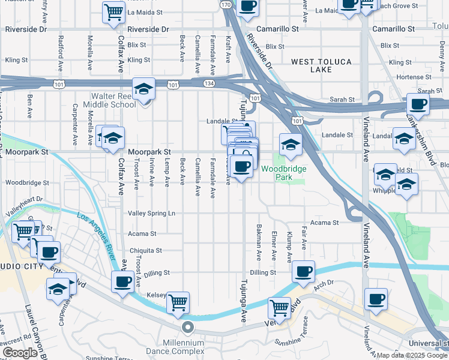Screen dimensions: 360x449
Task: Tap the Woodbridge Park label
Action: [283, 173]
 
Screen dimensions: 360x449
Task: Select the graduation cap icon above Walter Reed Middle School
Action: [144, 90]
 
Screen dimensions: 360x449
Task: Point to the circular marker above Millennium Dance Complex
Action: [187, 328]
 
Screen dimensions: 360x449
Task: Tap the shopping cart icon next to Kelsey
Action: [178, 303]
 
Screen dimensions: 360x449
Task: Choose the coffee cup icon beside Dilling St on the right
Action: [304, 271]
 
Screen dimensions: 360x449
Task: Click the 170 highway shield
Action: [226, 5]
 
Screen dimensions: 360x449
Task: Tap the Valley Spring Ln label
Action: [151, 213]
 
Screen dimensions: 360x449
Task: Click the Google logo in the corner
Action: [20, 353]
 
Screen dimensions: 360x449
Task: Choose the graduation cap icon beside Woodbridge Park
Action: [291, 145]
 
